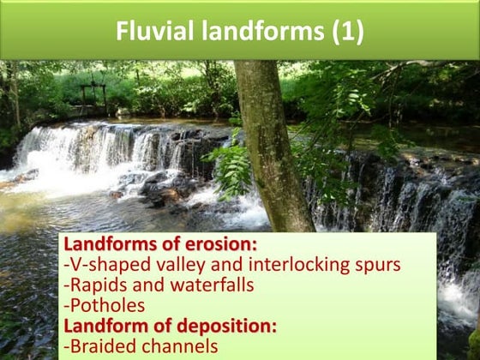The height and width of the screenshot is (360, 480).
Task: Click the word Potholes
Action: pos(105,306)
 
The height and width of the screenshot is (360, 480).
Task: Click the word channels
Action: pos(181,347)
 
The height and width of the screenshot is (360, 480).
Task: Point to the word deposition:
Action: pos(218,327)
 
